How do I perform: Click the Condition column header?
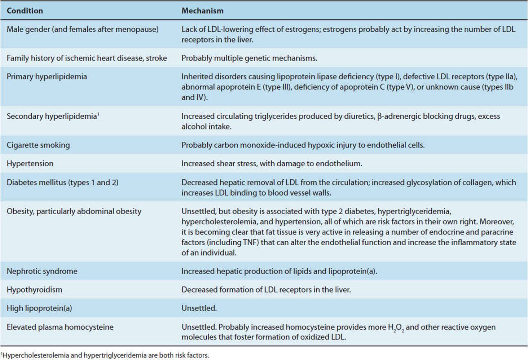tap(25, 11)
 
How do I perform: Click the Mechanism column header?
tap(202, 11)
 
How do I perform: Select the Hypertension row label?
tap(30, 164)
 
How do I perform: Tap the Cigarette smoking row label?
tap(38, 145)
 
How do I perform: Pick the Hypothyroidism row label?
tap(34, 290)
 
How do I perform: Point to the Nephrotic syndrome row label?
tap(42, 271)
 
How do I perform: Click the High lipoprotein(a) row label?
tap(39, 308)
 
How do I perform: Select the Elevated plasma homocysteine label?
tap(60, 327)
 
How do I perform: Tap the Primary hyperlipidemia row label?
tap(47, 76)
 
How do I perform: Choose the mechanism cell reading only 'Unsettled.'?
tap(199, 308)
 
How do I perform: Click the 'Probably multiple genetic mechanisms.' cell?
tap(249, 58)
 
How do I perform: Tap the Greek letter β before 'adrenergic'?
tap(379, 117)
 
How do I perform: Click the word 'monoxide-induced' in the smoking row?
tap(273, 145)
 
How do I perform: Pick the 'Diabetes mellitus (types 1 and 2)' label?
tap(62, 183)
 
